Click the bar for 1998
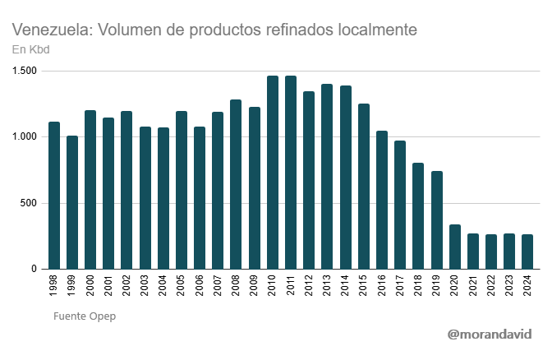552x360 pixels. (54, 196)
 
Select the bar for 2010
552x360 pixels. (273, 173)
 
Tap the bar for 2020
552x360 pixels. (454, 247)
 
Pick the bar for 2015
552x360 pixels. (364, 187)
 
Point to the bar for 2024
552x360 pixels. (527, 252)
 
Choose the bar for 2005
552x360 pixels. (182, 190)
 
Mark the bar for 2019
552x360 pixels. (436, 219)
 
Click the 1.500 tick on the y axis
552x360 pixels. (24, 71)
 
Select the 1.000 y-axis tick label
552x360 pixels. (24, 136)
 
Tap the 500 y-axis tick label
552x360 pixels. (28, 203)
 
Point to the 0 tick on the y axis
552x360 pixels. (34, 269)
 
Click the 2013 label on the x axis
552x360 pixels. (327, 286)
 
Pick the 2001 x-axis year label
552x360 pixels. (108, 286)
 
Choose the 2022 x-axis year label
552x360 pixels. (491, 286)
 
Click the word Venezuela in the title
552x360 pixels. (52, 30)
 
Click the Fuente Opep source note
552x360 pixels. (85, 316)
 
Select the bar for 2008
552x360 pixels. (237, 184)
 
